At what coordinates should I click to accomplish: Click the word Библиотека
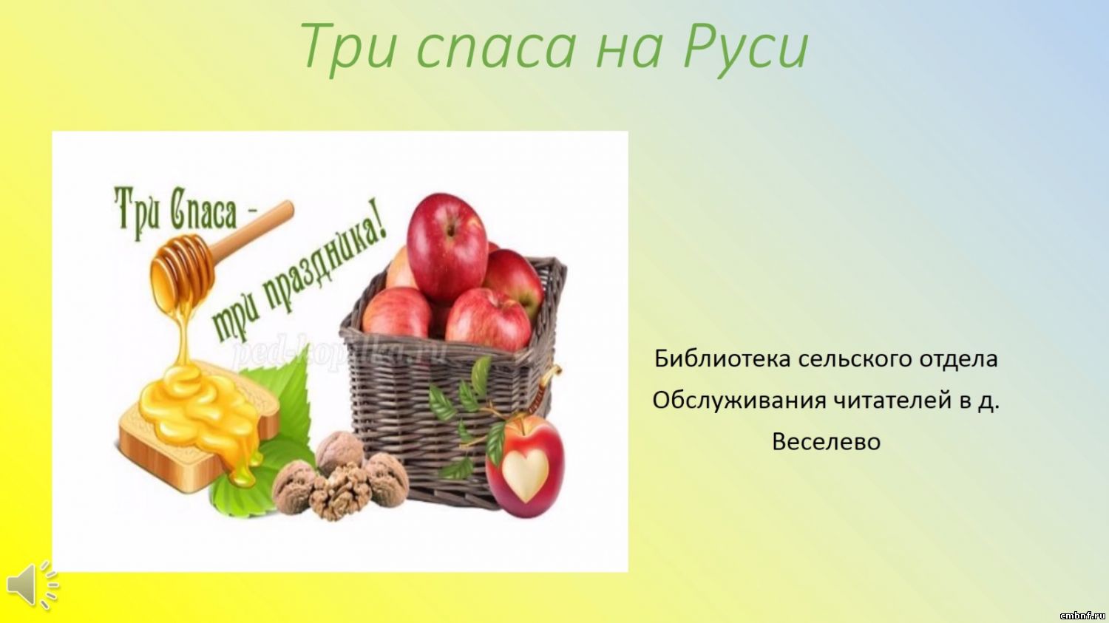click(x=722, y=358)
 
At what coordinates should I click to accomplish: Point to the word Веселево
click(x=827, y=441)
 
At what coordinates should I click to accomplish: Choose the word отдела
click(x=958, y=359)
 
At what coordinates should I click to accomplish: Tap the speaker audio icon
click(x=33, y=586)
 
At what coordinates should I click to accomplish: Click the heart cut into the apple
click(x=526, y=475)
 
